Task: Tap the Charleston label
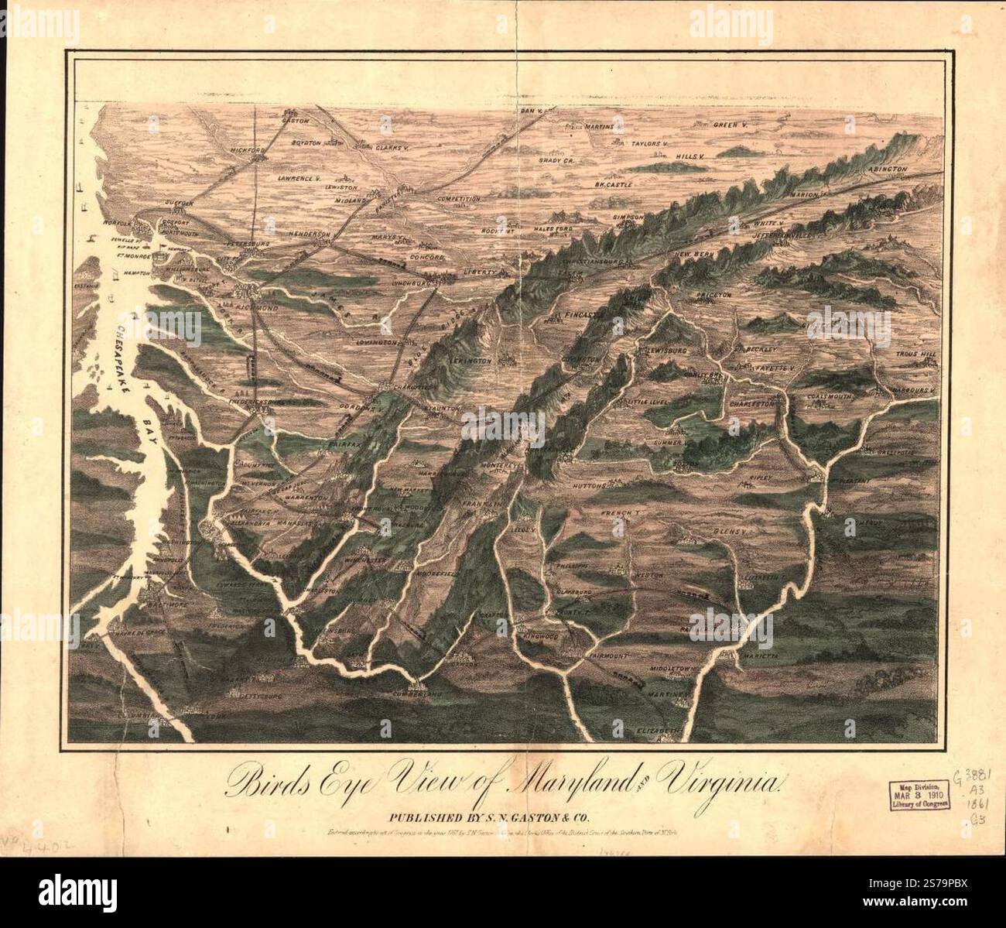[751, 403]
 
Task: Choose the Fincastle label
[577, 316]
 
